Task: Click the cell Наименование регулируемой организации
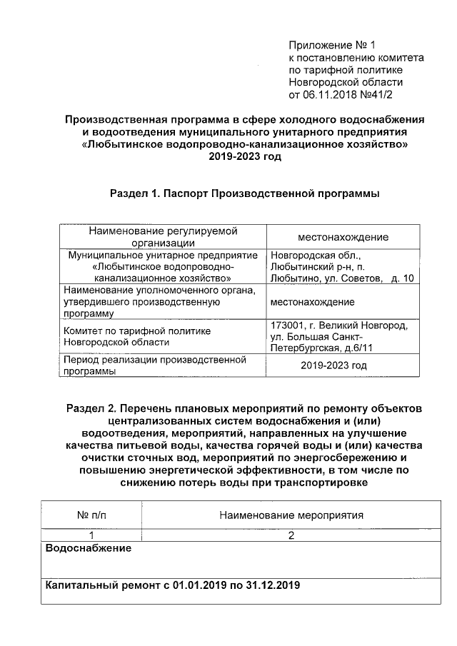[162, 237]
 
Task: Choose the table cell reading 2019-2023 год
[333, 365]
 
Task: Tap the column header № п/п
[91, 515]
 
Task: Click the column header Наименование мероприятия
[291, 515]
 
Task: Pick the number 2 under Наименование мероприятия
[291, 536]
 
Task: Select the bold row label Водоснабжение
[88, 548]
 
